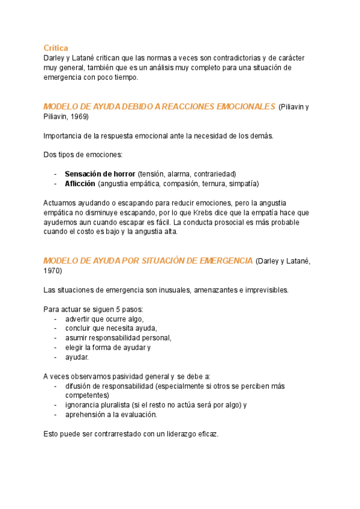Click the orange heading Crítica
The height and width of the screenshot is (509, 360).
tap(56, 47)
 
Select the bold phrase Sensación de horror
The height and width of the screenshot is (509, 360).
tap(100, 174)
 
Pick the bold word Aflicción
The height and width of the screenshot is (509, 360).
tap(80, 184)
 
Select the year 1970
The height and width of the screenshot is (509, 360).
tap(53, 271)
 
